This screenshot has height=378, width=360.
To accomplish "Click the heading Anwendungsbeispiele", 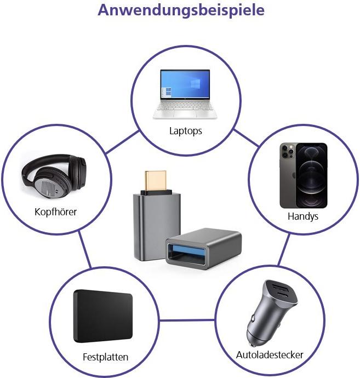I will [180, 11].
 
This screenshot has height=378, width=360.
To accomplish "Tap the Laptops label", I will [186, 131].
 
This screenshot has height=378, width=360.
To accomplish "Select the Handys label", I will [303, 216].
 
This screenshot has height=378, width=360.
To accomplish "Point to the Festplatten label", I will [105, 357].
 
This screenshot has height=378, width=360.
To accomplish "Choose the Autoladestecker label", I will [270, 354].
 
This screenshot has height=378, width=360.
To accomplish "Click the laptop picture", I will [185, 94].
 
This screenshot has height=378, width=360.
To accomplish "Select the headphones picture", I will [54, 178].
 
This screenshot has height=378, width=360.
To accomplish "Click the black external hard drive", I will [103, 317].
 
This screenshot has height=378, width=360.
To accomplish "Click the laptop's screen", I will [185, 85].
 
